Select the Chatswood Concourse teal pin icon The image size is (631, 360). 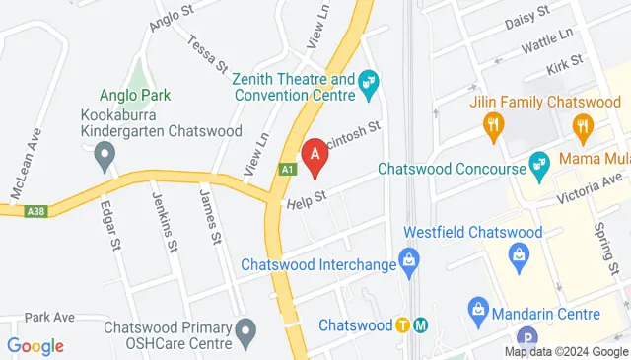coord(538,162)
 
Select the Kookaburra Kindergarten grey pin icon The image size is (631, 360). coord(105,154)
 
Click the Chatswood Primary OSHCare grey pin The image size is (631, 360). coord(246,332)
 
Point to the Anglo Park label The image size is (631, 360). coord(135,95)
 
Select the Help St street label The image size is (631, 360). coord(306,201)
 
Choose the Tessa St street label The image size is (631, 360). coord(209,52)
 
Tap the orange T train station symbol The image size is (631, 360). coord(402,325)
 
